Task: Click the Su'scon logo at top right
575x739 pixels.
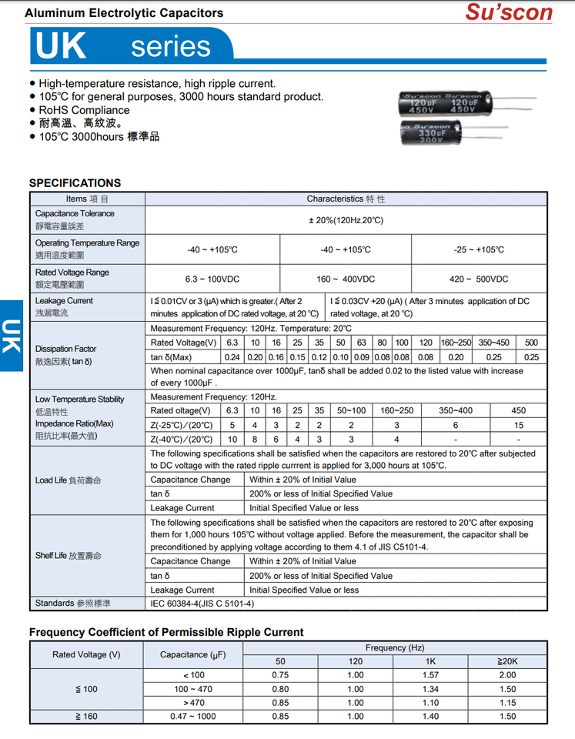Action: (x=509, y=12)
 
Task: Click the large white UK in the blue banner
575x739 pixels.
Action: (x=61, y=45)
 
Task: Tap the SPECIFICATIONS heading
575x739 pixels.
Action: (x=75, y=182)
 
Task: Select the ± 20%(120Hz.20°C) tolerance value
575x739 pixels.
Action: (x=346, y=220)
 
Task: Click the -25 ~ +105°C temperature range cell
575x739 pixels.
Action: (x=479, y=249)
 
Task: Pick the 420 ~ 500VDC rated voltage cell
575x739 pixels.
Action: (x=479, y=279)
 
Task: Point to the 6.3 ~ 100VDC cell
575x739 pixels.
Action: (x=212, y=279)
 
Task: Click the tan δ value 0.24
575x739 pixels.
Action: (x=232, y=357)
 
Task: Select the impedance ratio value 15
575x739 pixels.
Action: (x=519, y=425)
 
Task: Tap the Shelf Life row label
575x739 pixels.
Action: (x=69, y=555)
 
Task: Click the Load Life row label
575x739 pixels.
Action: (x=68, y=480)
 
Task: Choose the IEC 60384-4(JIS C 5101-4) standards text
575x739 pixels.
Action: (x=202, y=604)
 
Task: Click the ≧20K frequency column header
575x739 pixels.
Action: (x=507, y=661)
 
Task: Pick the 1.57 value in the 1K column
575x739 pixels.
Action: (x=430, y=675)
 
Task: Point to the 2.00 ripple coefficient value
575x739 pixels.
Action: (x=507, y=675)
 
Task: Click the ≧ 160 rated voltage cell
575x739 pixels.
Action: (x=86, y=716)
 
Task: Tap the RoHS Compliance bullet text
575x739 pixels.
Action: (x=84, y=110)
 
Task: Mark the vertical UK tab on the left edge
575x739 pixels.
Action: (x=11, y=336)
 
